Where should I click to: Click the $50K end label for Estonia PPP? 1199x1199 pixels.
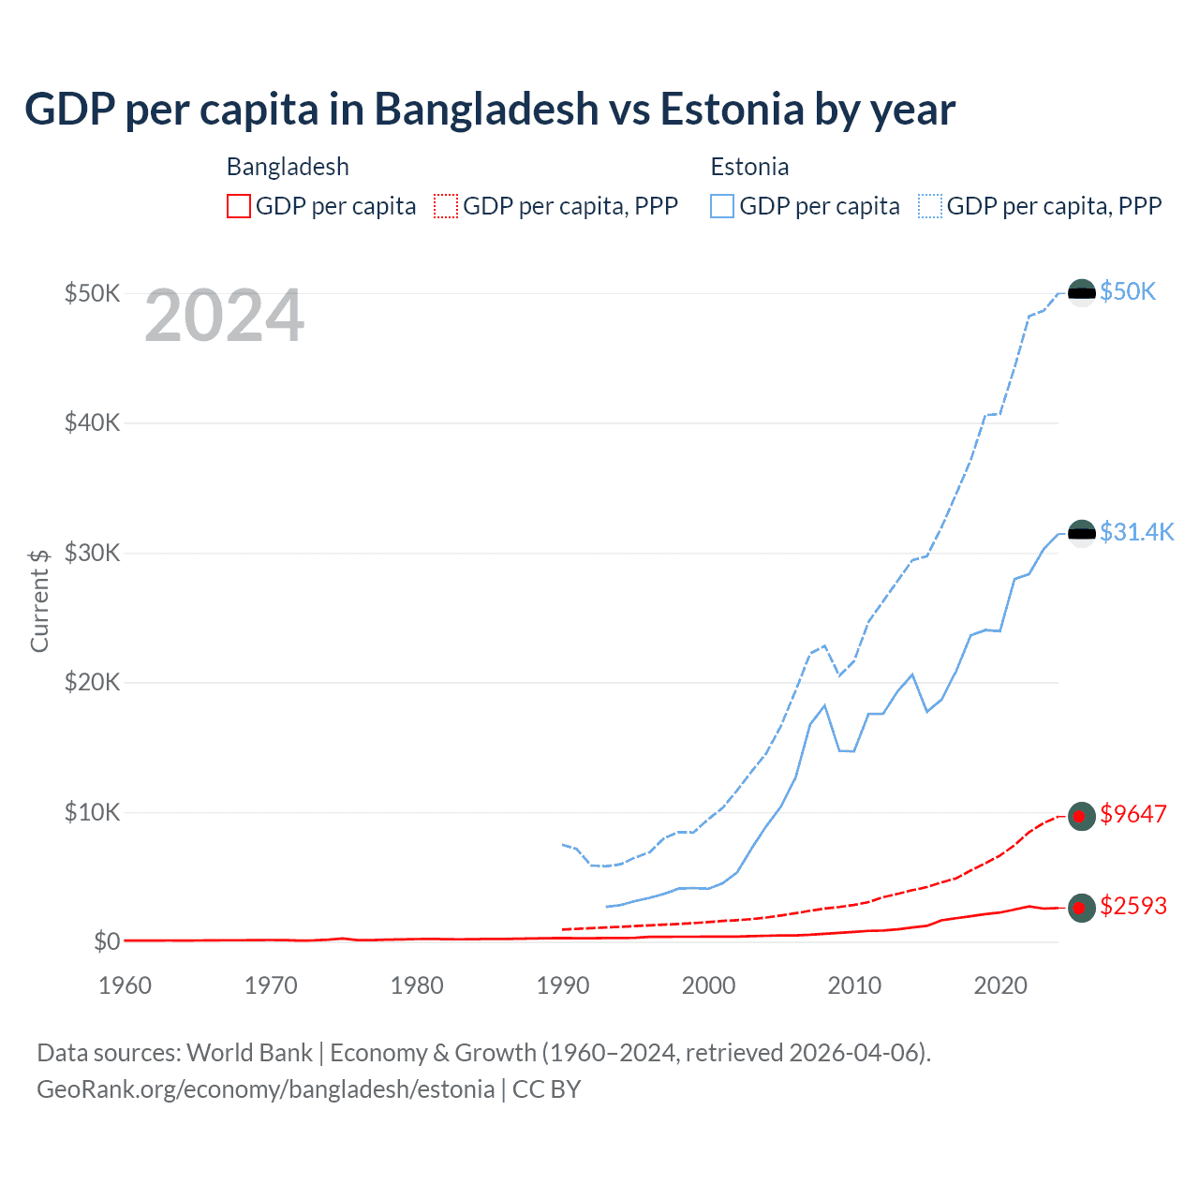[1128, 291]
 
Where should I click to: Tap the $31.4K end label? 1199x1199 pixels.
[1136, 532]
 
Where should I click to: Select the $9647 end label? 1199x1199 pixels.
[1133, 814]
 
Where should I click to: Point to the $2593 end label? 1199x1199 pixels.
[1133, 906]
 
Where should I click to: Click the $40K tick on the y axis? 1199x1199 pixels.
[92, 422]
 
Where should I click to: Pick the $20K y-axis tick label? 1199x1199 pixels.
[92, 682]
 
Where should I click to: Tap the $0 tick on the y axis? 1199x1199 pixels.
[107, 941]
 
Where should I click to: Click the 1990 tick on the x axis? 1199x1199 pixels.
[563, 985]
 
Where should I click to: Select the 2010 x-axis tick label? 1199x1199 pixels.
[854, 985]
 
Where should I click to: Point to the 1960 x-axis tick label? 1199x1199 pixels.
[126, 985]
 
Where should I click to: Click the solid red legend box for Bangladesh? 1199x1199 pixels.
[239, 206]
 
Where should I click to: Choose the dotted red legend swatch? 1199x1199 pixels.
[446, 206]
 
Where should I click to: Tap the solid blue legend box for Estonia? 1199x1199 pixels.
[722, 206]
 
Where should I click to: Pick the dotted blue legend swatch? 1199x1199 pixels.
[930, 206]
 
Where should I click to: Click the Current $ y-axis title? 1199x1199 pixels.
[39, 600]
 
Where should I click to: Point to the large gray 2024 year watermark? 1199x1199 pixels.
[225, 317]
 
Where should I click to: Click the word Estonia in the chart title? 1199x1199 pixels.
[732, 110]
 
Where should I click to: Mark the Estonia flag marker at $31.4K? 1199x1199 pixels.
[1082, 533]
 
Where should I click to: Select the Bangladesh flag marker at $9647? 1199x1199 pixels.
[1082, 816]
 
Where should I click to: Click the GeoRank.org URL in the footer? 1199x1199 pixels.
[265, 1089]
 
